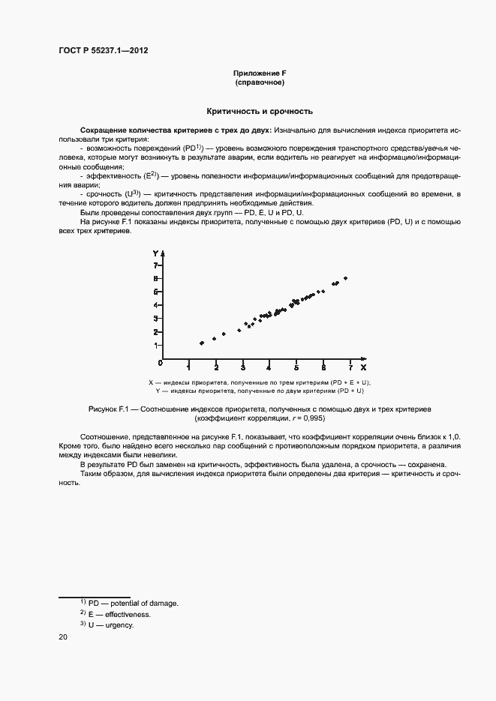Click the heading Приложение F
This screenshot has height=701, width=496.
click(x=260, y=73)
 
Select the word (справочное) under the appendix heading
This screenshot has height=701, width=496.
click(x=260, y=82)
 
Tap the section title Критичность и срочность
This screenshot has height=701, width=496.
click(x=260, y=111)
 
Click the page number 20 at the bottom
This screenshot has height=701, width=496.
click(x=62, y=637)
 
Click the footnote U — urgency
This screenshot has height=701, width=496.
click(x=110, y=625)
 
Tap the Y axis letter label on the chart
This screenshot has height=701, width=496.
click(x=154, y=253)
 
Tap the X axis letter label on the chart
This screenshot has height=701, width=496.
click(x=363, y=368)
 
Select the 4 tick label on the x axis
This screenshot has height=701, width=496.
click(x=269, y=368)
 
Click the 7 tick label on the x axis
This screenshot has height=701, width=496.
click(x=350, y=368)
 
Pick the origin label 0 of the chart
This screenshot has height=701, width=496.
click(x=160, y=363)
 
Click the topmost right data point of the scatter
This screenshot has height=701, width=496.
click(x=345, y=278)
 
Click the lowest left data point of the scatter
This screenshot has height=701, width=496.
click(x=201, y=343)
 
